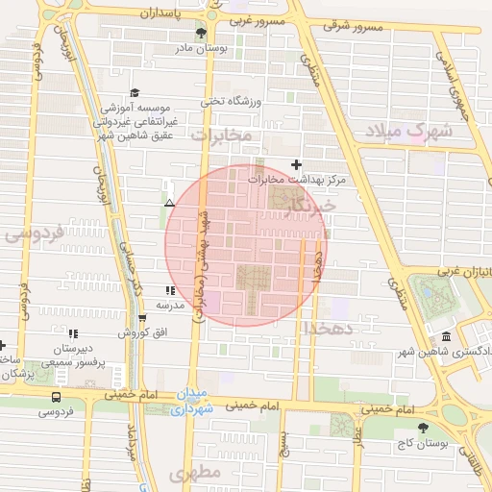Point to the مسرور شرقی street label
tap(354, 26)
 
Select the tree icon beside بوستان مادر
tap(200, 34)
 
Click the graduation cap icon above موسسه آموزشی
tap(135, 92)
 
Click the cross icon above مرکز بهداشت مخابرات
tap(296, 164)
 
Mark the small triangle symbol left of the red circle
tap(169, 203)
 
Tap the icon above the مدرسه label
tap(169, 290)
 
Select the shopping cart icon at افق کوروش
tap(142, 317)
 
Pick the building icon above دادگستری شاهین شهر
tap(447, 336)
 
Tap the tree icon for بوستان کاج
tap(422, 428)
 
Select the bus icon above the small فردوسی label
tap(56, 396)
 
